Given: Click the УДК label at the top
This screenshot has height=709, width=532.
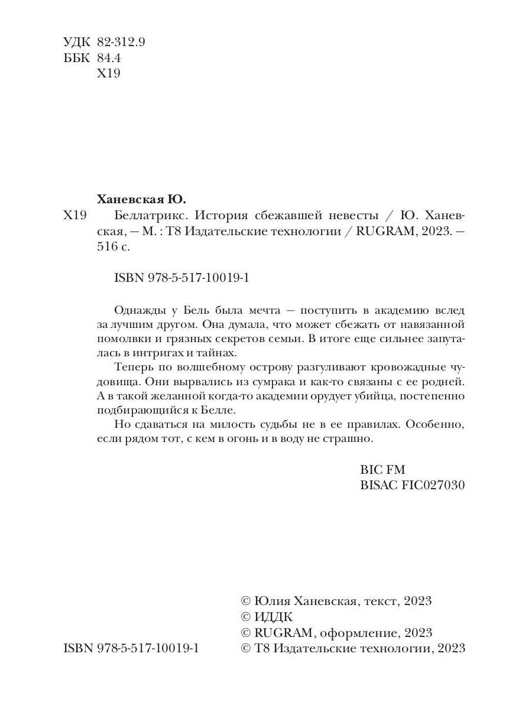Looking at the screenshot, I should pos(76,43).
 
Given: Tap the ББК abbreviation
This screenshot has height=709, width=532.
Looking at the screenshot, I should pos(76,58).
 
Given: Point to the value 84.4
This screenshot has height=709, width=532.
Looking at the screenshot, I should pos(108,58).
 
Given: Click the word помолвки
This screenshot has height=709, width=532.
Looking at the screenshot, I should pos(119,339).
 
